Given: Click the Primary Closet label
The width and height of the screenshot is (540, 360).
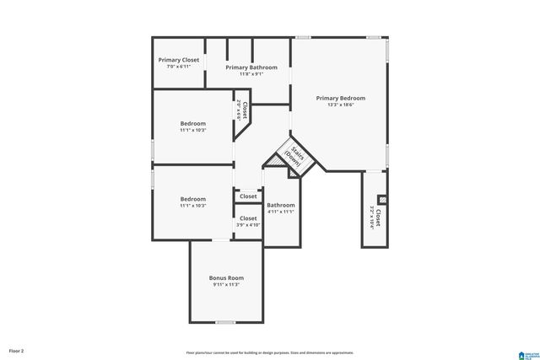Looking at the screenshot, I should [x=179, y=60].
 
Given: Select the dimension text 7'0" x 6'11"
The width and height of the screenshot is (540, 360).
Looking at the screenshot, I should [x=179, y=67].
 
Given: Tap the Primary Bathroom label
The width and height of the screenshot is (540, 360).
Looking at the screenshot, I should [x=249, y=67].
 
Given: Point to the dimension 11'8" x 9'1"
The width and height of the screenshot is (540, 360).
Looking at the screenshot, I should [x=249, y=74].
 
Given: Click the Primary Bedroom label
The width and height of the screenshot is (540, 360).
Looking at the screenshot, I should [x=340, y=98].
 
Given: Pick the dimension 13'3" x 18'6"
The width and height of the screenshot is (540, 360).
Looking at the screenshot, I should [x=340, y=105].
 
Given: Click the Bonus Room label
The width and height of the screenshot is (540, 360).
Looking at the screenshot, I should [x=226, y=277].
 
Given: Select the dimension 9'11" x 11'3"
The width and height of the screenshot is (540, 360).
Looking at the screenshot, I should [x=226, y=284].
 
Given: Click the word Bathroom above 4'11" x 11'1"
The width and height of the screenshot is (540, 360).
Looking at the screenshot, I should [x=281, y=205].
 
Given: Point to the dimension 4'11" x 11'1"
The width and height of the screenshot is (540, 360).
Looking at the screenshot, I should [x=281, y=212].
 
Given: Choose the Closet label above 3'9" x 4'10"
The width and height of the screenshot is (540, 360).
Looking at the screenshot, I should [x=248, y=218].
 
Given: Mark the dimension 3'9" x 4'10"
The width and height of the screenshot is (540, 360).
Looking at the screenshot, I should [x=248, y=225].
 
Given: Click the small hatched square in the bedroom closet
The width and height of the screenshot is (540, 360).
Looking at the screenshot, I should [x=382, y=200].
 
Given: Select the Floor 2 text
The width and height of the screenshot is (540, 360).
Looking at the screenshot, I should [x=17, y=350].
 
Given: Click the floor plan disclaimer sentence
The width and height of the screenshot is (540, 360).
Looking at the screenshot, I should [x=270, y=352].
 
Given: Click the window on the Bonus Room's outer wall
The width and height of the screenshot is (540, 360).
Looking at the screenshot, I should [x=225, y=322].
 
